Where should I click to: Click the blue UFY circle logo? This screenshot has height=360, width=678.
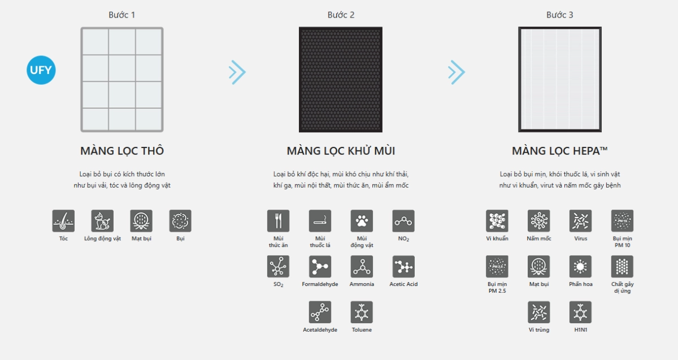[41, 70]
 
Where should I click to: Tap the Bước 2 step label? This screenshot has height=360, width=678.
[341, 15]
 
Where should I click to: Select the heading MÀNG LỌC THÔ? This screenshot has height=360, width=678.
[122, 150]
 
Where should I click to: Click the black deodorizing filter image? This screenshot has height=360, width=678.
[341, 79]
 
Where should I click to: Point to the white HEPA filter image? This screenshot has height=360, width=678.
[560, 79]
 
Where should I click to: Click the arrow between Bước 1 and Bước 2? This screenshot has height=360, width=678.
[237, 72]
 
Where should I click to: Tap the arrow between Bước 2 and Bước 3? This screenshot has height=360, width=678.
[457, 72]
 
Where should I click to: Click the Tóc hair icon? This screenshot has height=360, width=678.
[63, 221]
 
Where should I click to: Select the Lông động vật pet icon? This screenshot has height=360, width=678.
[102, 221]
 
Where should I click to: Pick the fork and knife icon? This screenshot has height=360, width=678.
[278, 221]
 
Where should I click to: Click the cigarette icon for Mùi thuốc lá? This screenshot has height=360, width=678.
[320, 221]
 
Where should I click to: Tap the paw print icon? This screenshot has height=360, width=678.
[362, 221]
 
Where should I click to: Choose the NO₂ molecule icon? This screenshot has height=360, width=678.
[403, 221]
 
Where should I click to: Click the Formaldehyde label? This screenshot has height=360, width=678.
[320, 284]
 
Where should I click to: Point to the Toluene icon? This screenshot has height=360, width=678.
[362, 312]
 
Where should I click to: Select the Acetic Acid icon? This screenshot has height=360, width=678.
[403, 266]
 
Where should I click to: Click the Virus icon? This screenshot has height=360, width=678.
[581, 221]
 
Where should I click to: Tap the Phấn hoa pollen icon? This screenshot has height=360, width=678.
[581, 266]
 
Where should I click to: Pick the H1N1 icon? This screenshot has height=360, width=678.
[581, 312]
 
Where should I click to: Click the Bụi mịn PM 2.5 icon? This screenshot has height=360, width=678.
[497, 266]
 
